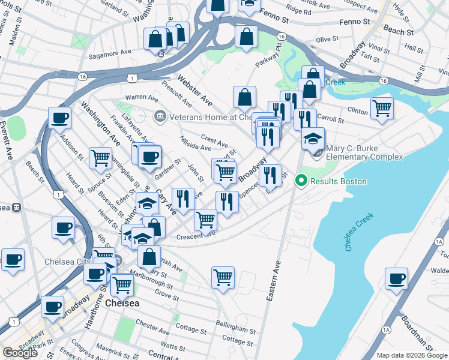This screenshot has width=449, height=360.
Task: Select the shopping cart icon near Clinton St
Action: pos(382,108)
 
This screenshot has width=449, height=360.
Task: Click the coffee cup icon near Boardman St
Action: pos(396,279)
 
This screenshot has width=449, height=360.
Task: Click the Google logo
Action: pos(20,353)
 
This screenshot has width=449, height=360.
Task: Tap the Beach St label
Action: pos(398,30)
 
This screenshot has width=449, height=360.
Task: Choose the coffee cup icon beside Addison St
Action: pos(59,118)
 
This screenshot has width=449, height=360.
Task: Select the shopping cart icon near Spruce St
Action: pos(100,158)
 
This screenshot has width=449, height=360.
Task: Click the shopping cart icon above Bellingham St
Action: pos(223,277)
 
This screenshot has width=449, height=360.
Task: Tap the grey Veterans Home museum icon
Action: pos(160,116)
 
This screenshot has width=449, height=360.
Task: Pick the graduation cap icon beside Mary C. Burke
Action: pos(313,139)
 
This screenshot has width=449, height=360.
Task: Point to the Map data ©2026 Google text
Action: pos(411,355)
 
